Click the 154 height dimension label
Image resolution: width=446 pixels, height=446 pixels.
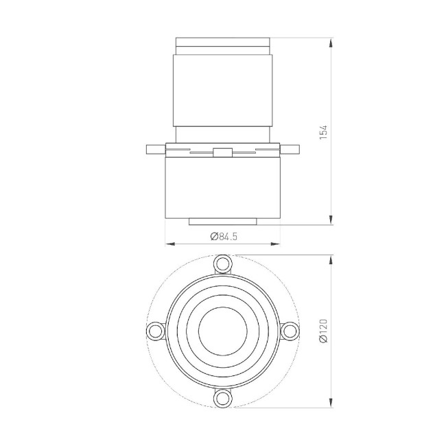[323, 132]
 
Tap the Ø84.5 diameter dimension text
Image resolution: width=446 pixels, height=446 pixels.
[224, 236]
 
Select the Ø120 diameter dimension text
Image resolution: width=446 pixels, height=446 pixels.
[323, 331]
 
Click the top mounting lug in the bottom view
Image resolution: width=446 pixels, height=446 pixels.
[223, 264]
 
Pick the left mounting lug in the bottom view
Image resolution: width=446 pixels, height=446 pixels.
[156, 331]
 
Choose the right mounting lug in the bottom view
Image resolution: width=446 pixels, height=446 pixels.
[290, 331]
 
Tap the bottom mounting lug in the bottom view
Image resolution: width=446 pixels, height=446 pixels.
[223, 398]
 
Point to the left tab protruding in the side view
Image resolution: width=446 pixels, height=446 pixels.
[156, 150]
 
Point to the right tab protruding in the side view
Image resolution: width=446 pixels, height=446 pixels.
[290, 150]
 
